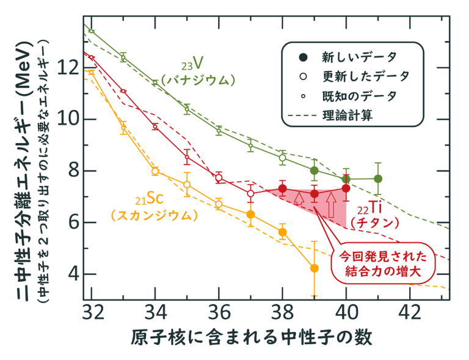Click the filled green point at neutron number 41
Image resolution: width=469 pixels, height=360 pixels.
tap(378, 178)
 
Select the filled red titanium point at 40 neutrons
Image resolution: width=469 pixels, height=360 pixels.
tap(346, 188)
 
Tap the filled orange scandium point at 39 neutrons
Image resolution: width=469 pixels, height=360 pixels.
tap(314, 268)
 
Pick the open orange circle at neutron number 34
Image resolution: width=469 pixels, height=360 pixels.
tap(155, 171)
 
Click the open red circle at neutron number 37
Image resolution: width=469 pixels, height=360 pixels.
tap(250, 193)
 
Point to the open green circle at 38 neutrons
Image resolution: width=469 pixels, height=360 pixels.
tap(282, 158)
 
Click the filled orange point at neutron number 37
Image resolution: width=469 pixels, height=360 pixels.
tap(250, 214)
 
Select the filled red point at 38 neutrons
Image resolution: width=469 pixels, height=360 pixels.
tap(282, 188)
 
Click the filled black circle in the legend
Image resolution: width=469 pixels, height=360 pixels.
tap(302, 57)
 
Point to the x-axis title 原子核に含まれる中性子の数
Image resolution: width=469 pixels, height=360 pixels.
tap(250, 337)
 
